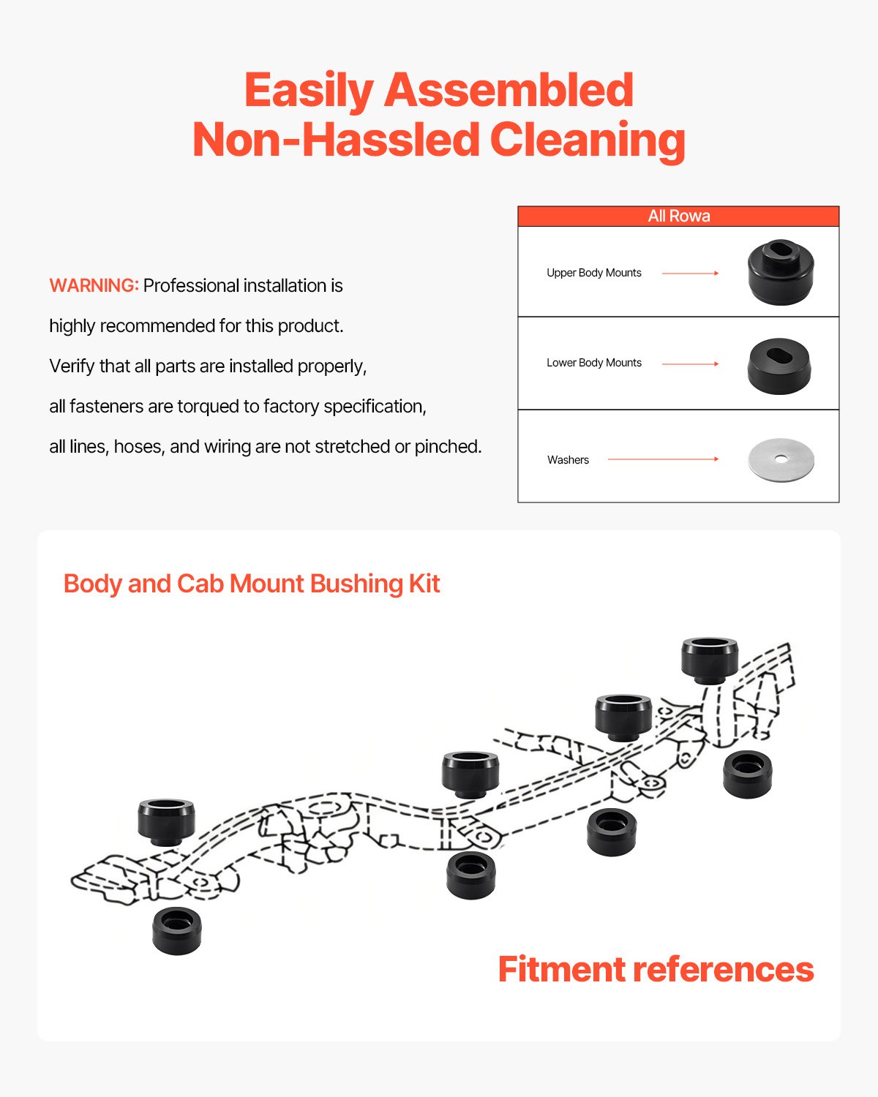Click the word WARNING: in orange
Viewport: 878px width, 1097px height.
point(94,285)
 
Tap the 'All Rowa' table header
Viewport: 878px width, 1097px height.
point(678,216)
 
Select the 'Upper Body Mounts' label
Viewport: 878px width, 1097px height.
point(593,273)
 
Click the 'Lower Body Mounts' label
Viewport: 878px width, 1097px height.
point(593,363)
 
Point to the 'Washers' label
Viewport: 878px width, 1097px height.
point(568,460)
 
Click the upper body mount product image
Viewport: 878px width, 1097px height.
point(781,271)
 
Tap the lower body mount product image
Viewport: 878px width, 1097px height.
point(780,366)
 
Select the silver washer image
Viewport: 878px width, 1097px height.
point(781,460)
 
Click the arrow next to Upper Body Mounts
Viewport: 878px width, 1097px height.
point(690,273)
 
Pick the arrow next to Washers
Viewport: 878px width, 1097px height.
point(663,459)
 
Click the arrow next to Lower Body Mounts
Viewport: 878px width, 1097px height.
point(690,363)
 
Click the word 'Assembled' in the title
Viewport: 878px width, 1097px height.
point(509,90)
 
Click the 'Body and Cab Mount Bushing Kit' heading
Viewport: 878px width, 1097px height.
point(252,584)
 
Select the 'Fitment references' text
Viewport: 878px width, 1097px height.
point(656,969)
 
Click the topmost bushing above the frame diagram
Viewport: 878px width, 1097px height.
point(709,659)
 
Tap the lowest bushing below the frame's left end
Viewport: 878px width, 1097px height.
point(177,930)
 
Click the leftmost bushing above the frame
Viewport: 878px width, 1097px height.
point(167,821)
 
